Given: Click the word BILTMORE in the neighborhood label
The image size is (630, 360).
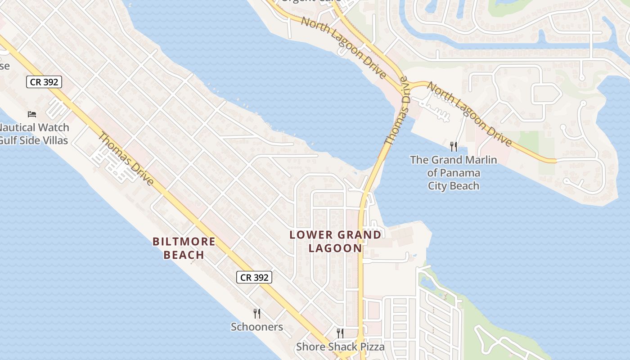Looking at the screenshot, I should tap(184, 242).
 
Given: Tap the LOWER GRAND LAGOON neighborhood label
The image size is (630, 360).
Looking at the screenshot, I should tap(335, 241).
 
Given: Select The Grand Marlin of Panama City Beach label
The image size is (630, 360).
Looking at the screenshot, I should tap(453, 173).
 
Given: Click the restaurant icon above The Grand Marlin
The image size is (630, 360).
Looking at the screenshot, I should tap(454, 146).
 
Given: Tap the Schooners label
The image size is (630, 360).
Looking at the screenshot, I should tap(257, 327).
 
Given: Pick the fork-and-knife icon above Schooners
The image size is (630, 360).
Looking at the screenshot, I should tap(257, 313).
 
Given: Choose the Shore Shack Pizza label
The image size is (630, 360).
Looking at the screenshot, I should tap(340, 347).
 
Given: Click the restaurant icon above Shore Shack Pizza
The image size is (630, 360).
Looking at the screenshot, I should tap(340, 333).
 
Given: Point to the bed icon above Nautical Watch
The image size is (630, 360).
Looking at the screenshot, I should tap(32, 114).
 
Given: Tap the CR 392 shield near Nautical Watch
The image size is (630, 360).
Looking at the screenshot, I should tap(44, 82).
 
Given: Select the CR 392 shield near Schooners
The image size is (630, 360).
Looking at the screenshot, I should tap(254, 278).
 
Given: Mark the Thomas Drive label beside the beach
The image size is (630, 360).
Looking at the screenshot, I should tap(126, 158).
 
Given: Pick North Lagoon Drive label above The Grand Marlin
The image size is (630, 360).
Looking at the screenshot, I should tap(469, 114).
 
